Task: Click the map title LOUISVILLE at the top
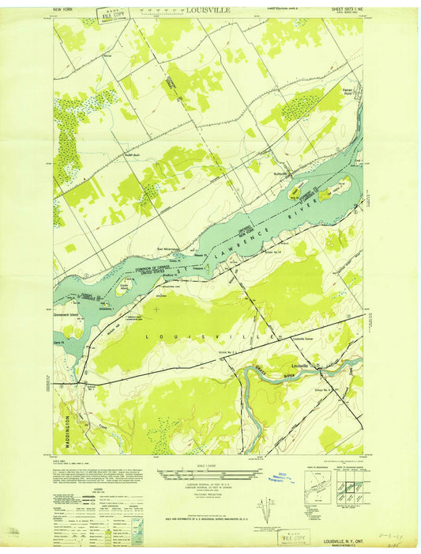[x=209, y=11]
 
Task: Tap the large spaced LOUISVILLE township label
[x=209, y=336]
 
